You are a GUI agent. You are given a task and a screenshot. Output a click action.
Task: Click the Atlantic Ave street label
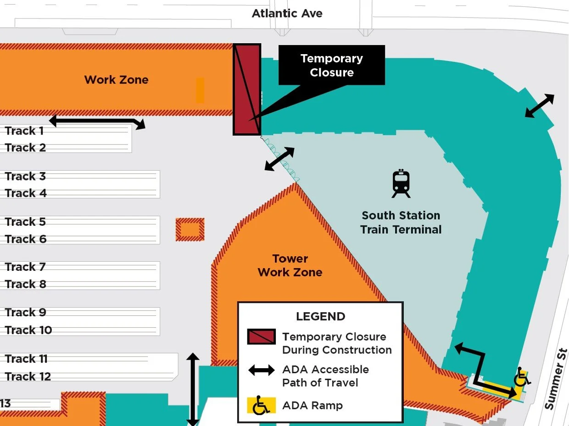pyautogui.click(x=287, y=13)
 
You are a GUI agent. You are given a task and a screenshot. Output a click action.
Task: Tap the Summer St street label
pyautogui.click(x=557, y=379)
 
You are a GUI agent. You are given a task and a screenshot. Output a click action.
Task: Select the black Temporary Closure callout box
pyautogui.click(x=331, y=65)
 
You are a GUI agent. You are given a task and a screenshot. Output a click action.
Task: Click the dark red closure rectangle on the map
pyautogui.click(x=247, y=90)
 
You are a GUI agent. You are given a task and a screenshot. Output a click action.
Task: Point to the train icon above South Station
pyautogui.click(x=401, y=184)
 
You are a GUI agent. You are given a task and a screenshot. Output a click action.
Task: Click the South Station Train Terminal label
pyautogui.click(x=401, y=222)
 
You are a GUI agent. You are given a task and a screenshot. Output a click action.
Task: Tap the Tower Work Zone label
pyautogui.click(x=290, y=265)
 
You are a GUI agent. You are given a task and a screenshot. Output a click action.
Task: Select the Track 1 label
pyautogui.click(x=24, y=131)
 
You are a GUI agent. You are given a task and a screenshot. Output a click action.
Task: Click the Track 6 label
pyautogui.click(x=26, y=239)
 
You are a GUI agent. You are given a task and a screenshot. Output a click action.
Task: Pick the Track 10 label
pyautogui.click(x=28, y=330)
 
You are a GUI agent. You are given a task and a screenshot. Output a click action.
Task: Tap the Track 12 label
pyautogui.click(x=28, y=376)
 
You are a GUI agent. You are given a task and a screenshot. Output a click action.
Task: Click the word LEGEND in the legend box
pyautogui.click(x=320, y=316)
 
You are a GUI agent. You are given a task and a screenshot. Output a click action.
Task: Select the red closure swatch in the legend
pyautogui.click(x=261, y=336)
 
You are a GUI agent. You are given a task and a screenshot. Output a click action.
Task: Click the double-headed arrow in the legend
pyautogui.click(x=262, y=370)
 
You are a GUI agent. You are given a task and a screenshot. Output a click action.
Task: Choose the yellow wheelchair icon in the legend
pyautogui.click(x=261, y=405)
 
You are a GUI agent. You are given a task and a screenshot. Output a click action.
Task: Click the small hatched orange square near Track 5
pyautogui.click(x=190, y=230)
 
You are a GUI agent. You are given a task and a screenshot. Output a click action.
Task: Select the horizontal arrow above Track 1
pyautogui.click(x=97, y=122)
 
